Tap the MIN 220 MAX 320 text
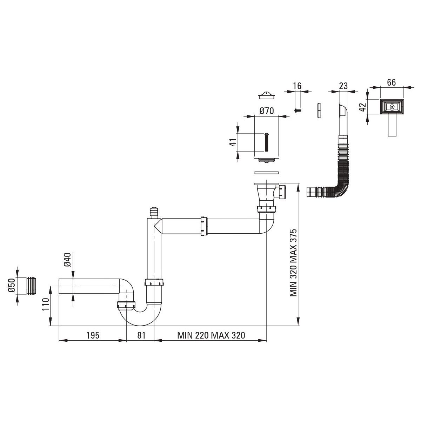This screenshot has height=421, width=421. (211, 335)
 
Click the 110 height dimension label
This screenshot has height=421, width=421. (45, 305)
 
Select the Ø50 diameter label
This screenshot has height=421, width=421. (11, 286)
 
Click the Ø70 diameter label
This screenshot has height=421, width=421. (267, 111)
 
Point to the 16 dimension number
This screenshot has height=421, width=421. (297, 86)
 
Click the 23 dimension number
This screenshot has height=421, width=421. (343, 86)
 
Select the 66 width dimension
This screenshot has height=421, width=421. (392, 82)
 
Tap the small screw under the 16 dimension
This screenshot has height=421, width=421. (298, 110)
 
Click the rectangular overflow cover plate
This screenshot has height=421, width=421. (392, 107)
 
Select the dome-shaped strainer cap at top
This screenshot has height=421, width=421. (267, 95)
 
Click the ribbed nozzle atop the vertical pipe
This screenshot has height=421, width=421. (153, 213)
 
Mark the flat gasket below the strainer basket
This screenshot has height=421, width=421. (266, 173)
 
